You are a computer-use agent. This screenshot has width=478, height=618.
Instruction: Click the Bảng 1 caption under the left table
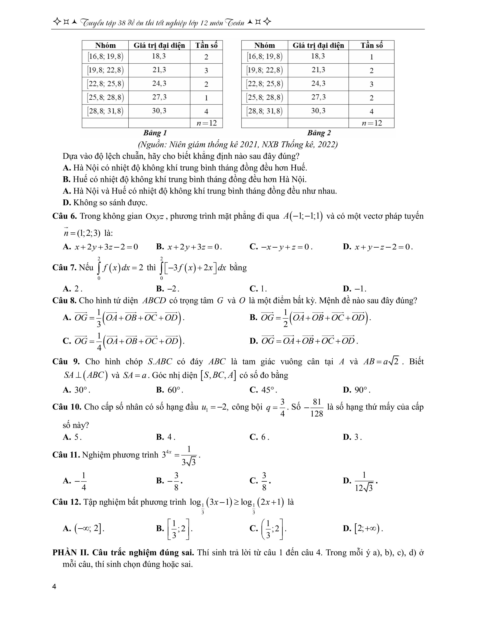click(155, 133)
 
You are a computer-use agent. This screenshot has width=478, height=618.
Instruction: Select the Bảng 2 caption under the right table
click(319, 133)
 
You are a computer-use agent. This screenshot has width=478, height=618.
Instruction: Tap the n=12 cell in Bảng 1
click(206, 123)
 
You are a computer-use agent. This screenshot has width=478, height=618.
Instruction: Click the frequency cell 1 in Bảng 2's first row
click(371, 57)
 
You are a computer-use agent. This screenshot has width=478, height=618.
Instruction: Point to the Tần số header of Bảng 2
click(371, 45)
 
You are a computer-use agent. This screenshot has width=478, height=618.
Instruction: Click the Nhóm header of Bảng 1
click(105, 45)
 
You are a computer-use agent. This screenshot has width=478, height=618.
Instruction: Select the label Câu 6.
click(64, 216)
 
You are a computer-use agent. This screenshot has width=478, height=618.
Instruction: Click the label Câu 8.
click(64, 301)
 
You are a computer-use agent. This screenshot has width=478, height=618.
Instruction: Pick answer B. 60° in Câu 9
click(169, 390)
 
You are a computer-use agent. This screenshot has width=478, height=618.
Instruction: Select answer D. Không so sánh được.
click(105, 203)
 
